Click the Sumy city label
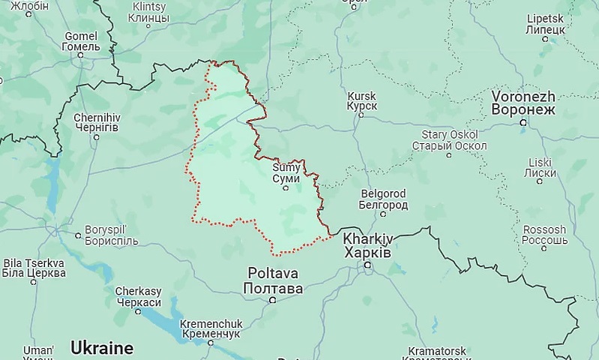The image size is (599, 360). pos(286,173)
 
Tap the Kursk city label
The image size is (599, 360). pos(361,101)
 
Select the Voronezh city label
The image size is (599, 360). pos(523,103)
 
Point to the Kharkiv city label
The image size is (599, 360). pos(367,244)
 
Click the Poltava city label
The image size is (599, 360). pos(273,280)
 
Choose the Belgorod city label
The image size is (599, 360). pos(384,199)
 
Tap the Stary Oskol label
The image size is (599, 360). pos(449,139)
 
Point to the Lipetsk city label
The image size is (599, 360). pos(544,22)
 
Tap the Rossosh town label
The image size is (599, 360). pos(544,235)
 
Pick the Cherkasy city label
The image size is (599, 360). pos(138,296)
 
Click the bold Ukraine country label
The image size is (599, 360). pos(101,348)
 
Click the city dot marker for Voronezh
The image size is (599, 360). pos(523,121)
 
